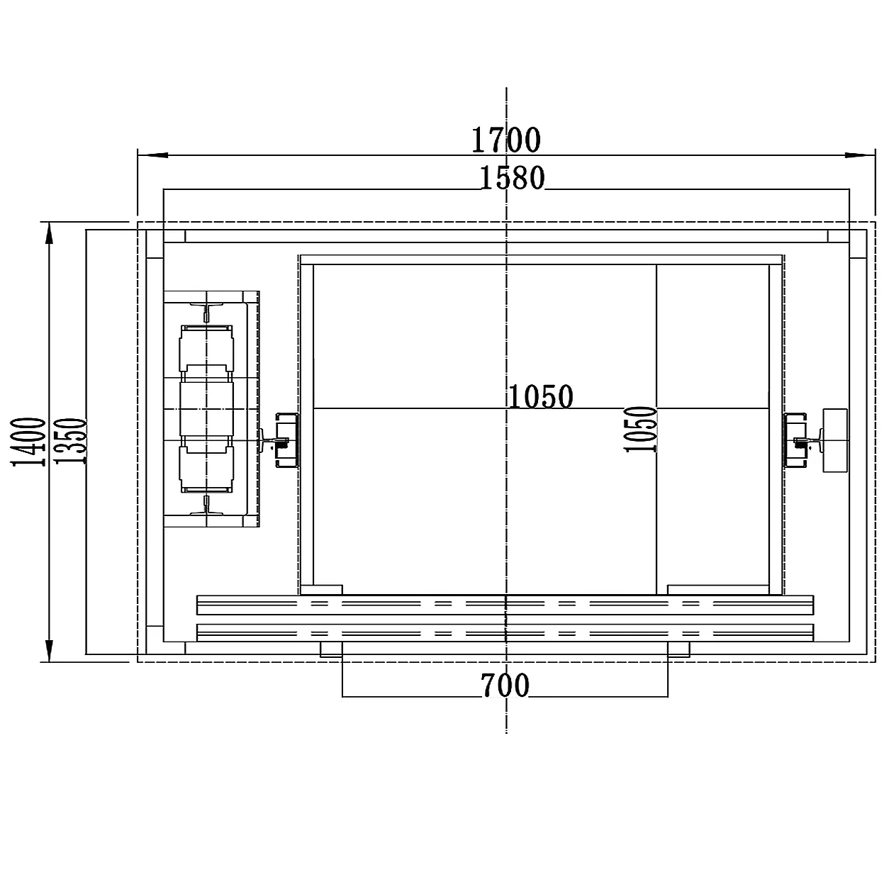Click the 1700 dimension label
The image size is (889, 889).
pyautogui.click(x=505, y=140)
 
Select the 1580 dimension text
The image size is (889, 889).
pyautogui.click(x=512, y=178)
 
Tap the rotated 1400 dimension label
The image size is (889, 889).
pyautogui.click(x=28, y=442)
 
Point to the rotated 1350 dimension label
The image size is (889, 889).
pyautogui.click(x=70, y=441)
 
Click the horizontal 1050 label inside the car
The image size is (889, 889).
pyautogui.click(x=541, y=396)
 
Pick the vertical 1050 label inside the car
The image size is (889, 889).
pyautogui.click(x=640, y=429)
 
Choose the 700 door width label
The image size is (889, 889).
pyautogui.click(x=505, y=685)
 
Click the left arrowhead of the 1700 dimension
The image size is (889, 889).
pyautogui.click(x=152, y=155)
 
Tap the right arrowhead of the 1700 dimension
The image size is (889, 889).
pyautogui.click(x=861, y=155)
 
